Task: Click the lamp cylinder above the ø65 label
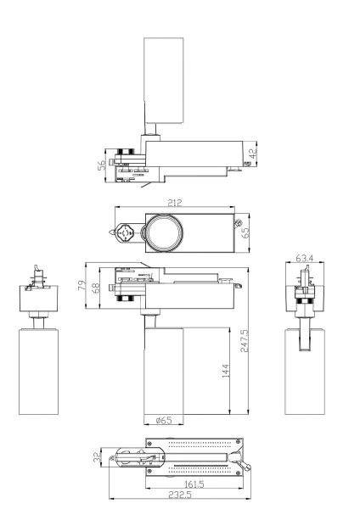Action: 165,373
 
